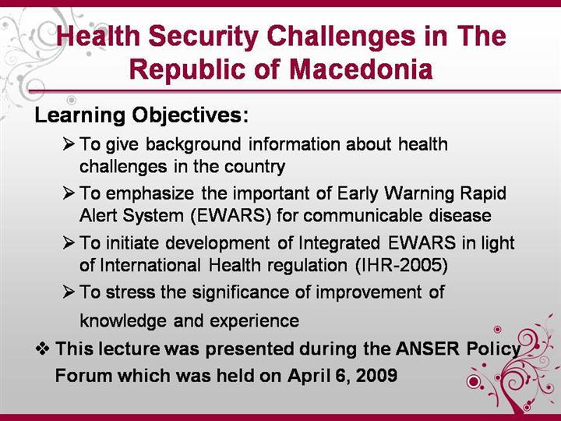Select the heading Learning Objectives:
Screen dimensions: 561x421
tap(141, 115)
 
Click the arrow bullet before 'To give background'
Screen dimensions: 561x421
tap(69, 144)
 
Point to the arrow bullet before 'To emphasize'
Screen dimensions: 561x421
tap(69, 193)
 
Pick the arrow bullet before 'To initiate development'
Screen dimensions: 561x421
tap(69, 242)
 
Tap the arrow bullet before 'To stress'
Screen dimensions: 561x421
tap(69, 292)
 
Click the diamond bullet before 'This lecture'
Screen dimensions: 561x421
tap(43, 348)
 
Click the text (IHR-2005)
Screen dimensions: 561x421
tap(401, 265)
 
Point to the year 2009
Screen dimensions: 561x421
tap(377, 376)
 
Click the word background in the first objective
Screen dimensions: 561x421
tap(193, 145)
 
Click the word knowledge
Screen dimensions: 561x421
tap(123, 321)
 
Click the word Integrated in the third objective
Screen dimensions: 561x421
tap(339, 243)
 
